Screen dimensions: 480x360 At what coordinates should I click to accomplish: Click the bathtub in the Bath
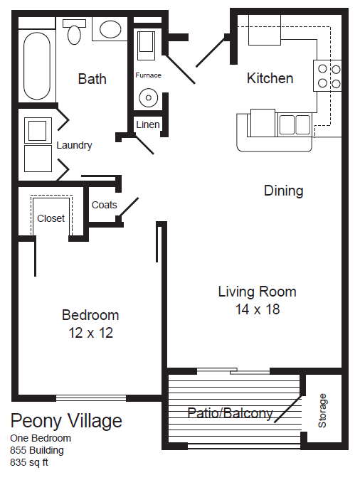pos(37,65)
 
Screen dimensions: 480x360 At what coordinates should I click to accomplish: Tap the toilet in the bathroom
pos(74,31)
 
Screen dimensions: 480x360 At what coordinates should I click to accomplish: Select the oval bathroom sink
pos(110,29)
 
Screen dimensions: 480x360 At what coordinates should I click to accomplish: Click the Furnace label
pos(148,75)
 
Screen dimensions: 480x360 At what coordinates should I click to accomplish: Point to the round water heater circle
pos(148,97)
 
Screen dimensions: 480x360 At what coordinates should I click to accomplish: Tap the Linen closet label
pos(148,125)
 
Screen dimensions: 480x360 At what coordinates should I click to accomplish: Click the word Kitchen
pos(270,78)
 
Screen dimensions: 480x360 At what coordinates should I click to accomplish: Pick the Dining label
pos(283,191)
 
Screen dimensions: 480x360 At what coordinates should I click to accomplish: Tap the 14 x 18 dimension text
pos(257,309)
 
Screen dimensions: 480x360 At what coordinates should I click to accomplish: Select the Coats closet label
pos(105,205)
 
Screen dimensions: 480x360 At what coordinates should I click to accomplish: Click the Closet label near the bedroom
pos(51,218)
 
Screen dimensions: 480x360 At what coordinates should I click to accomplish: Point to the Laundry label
pos(74,145)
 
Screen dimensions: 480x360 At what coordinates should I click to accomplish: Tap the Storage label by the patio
pos(323,410)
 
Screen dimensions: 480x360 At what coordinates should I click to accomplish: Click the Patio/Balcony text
pos(230,413)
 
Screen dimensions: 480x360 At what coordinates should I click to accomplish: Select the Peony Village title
pos(66,420)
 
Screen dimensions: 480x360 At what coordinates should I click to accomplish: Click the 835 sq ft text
pos(29,462)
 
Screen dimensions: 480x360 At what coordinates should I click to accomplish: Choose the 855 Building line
pos(37,450)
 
